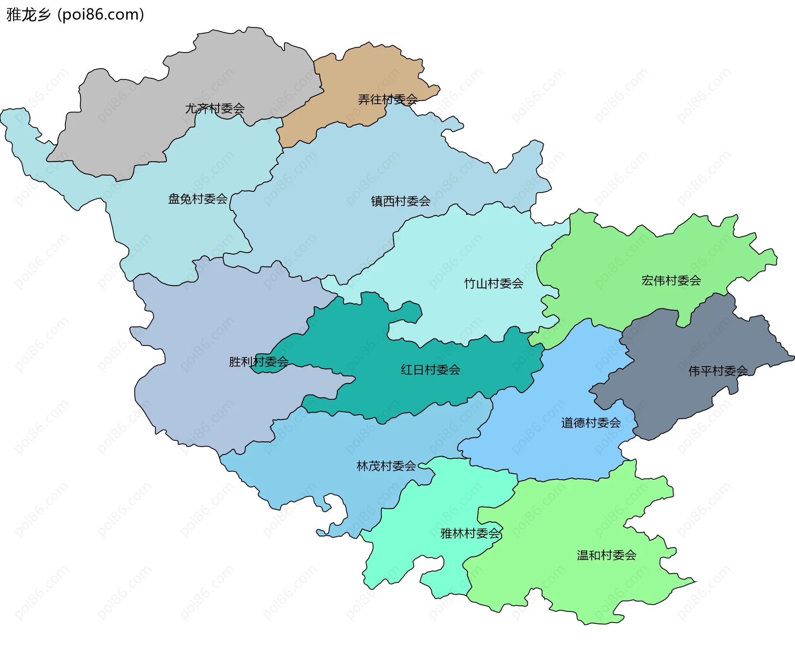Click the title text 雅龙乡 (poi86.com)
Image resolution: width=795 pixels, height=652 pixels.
[x=75, y=14]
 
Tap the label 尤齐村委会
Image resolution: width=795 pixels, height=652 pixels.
[x=214, y=109]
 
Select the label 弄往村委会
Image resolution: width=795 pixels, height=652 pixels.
[x=388, y=99]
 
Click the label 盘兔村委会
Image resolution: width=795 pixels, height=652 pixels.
[x=198, y=199]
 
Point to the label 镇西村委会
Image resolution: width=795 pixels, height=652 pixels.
[x=400, y=201]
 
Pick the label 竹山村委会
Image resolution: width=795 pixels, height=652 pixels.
[x=494, y=284]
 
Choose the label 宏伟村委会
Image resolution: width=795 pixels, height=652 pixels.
[x=671, y=281]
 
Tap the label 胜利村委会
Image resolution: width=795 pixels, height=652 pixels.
[x=259, y=362]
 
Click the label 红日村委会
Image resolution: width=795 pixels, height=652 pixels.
[x=430, y=370]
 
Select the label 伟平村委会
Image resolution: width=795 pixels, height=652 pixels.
[x=718, y=371]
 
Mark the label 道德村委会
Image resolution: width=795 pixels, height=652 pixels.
[x=591, y=423]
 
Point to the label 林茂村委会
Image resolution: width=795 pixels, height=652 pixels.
[x=386, y=466]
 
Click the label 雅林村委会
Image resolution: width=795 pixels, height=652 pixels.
[x=470, y=534]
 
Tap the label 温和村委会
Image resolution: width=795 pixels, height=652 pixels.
[x=606, y=555]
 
